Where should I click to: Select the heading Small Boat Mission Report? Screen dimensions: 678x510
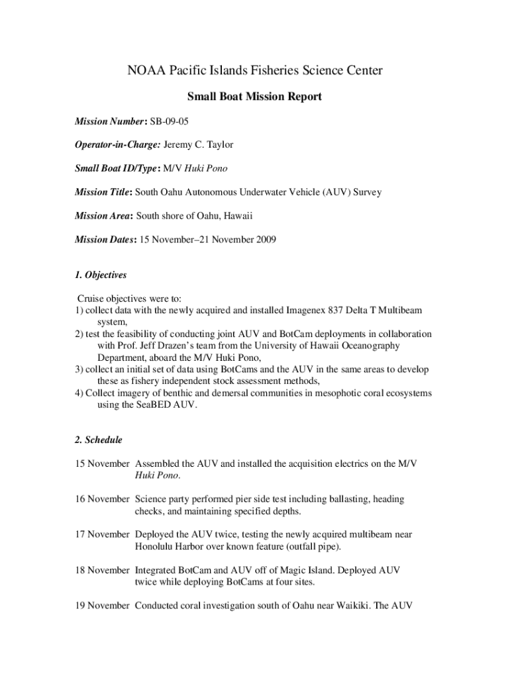[254, 97]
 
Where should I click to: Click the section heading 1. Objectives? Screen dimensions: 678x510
[100, 274]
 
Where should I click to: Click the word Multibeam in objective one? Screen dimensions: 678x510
[399, 310]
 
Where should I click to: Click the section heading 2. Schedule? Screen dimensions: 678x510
[98, 440]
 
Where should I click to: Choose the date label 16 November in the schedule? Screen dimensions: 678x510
[102, 499]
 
